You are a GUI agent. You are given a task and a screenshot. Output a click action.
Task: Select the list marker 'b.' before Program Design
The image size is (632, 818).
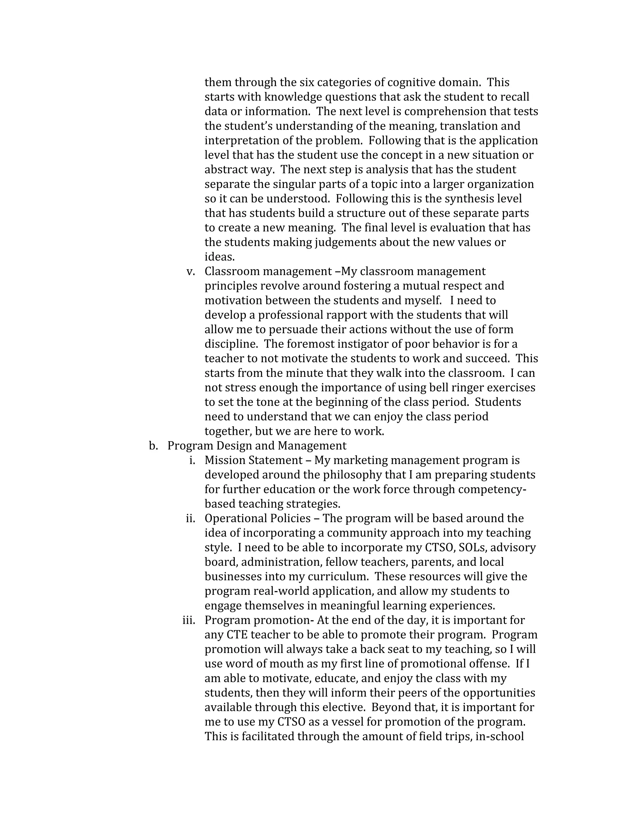point(153,446)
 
